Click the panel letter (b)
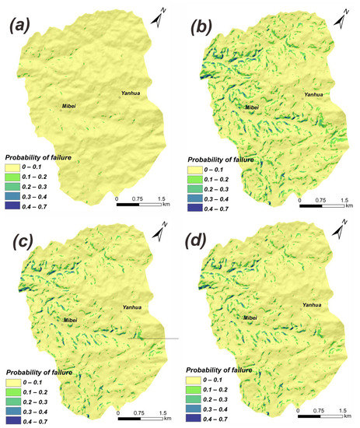200,33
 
